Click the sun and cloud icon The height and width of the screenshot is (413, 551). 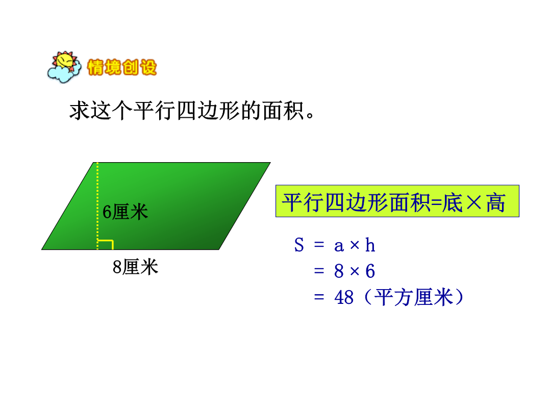[x=64, y=67]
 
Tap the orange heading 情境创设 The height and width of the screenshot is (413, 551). [x=122, y=67]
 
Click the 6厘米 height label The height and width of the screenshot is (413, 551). [x=125, y=212]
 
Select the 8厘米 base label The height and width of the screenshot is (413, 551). [x=135, y=267]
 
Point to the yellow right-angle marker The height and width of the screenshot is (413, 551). [x=106, y=245]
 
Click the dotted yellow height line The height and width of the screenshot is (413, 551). [x=97, y=206]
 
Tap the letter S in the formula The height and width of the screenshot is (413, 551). [x=299, y=245]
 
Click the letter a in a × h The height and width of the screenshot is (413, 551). [x=339, y=246]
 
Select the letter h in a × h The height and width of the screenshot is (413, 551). [x=370, y=245]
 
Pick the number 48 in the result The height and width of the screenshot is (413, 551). [x=344, y=297]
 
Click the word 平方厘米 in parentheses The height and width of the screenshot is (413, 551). [x=414, y=297]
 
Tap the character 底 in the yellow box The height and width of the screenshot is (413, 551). [x=453, y=202]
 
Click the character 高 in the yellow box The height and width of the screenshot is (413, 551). [x=495, y=202]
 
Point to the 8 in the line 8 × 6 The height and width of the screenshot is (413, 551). [x=339, y=271]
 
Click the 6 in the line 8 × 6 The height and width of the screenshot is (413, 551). [x=370, y=271]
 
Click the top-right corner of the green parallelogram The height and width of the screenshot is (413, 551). [x=270, y=163]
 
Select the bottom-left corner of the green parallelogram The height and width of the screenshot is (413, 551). [x=42, y=249]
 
